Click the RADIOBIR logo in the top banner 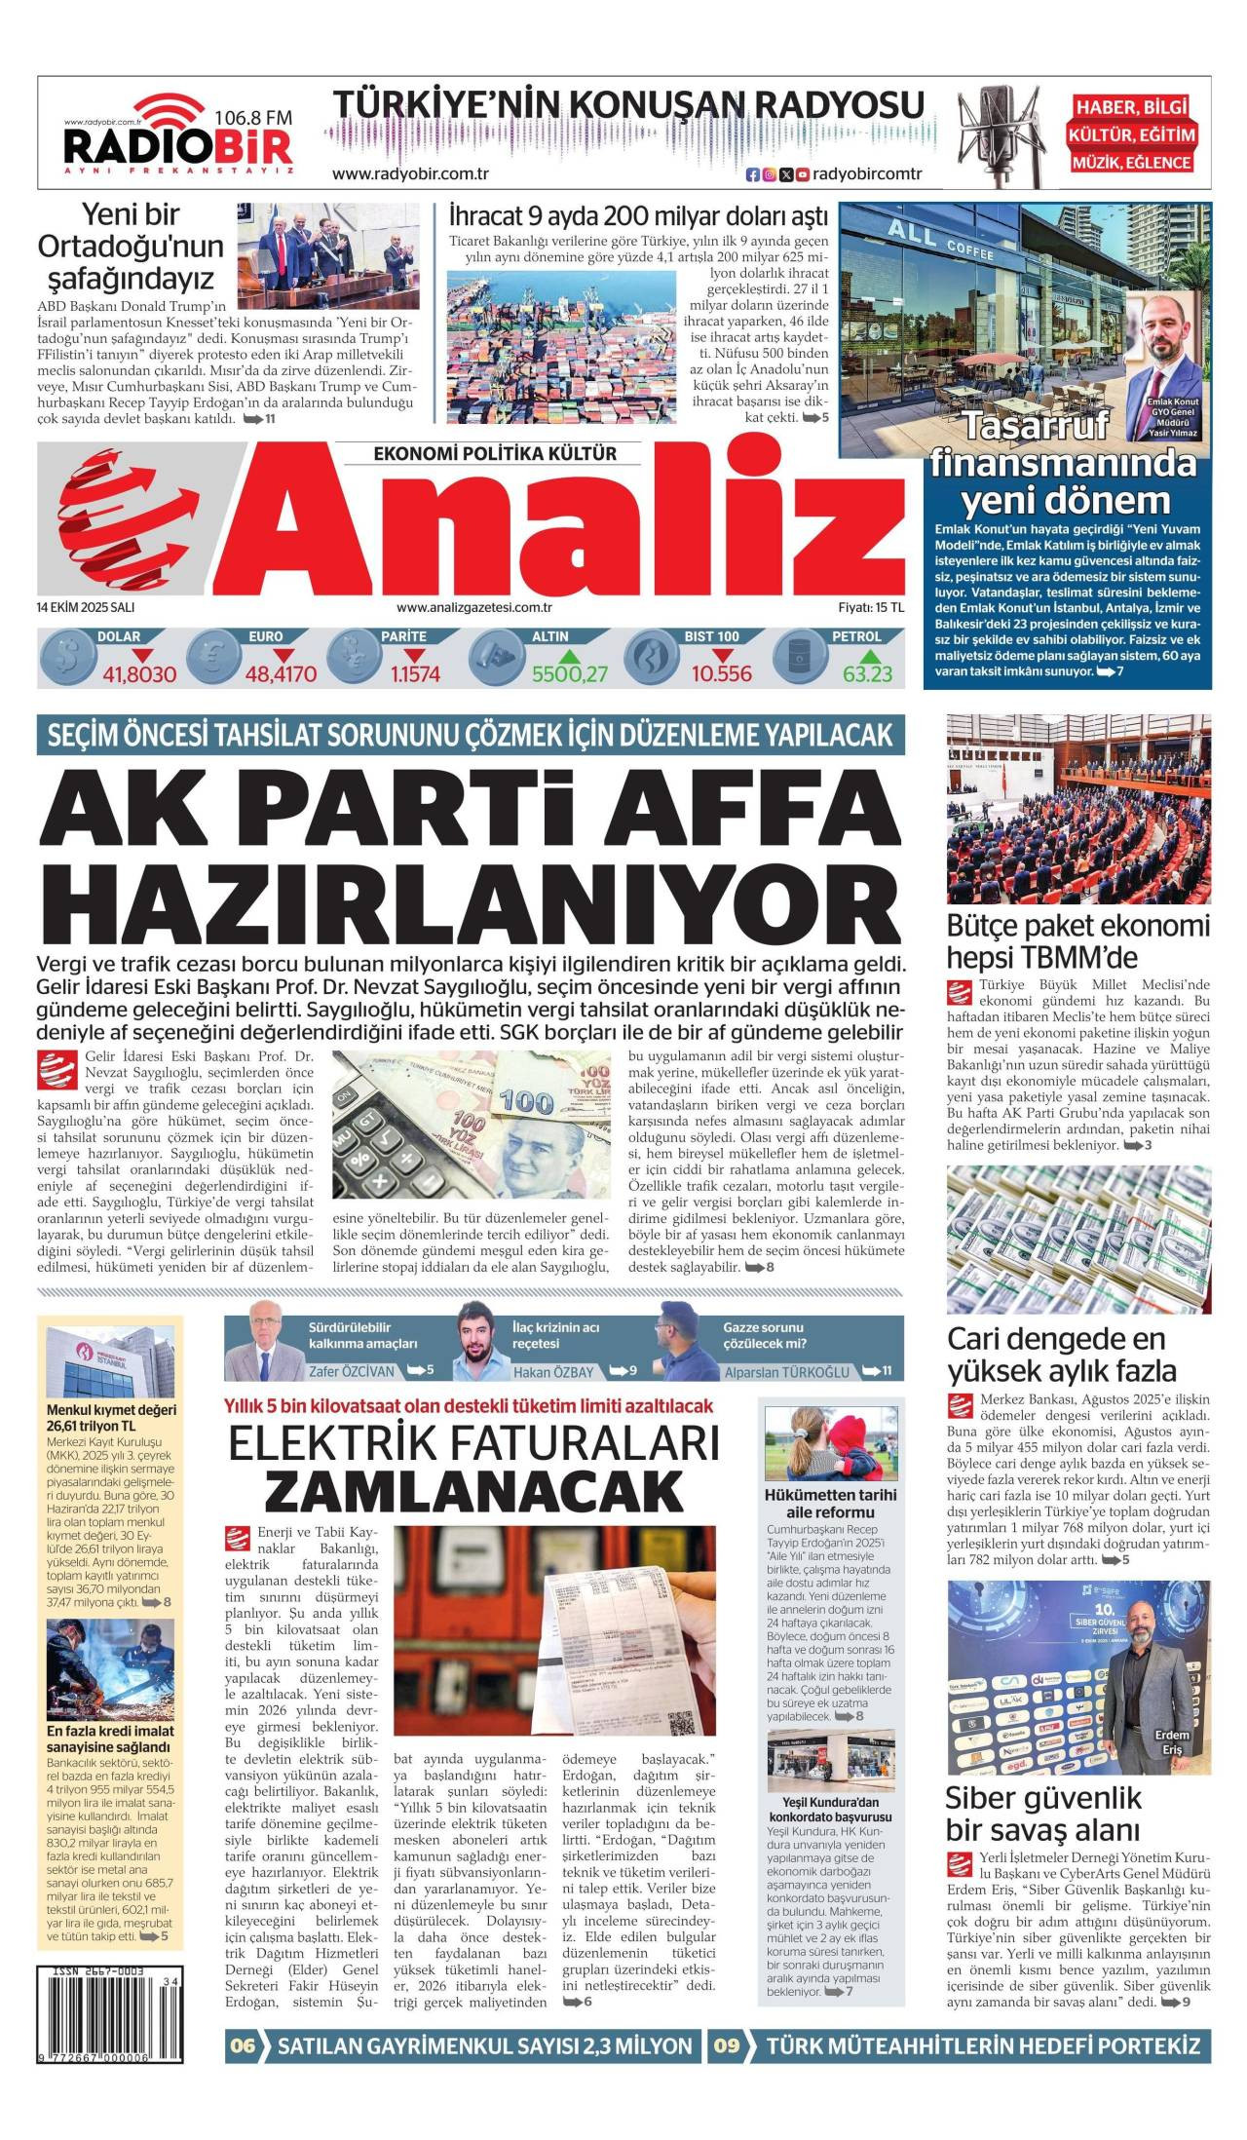pyautogui.click(x=177, y=146)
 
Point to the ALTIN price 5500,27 pyautogui.click(x=569, y=674)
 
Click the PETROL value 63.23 pyautogui.click(x=867, y=674)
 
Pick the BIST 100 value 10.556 pyautogui.click(x=721, y=674)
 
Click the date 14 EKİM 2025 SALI pyautogui.click(x=86, y=606)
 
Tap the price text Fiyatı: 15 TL pyautogui.click(x=870, y=606)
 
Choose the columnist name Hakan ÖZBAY pyautogui.click(x=552, y=1371)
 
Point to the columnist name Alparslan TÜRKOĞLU pyautogui.click(x=787, y=1371)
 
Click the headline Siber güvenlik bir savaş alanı pyautogui.click(x=1042, y=1814)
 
